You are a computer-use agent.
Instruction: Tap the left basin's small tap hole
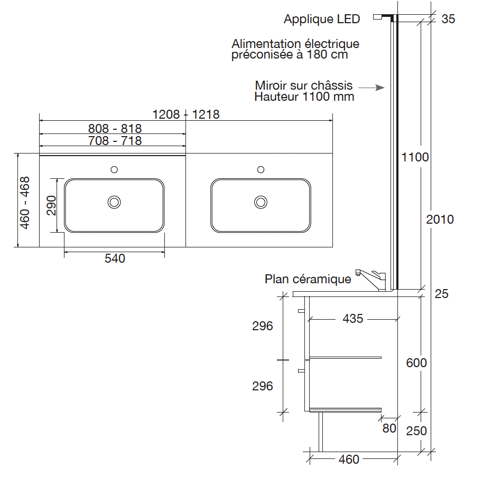114,169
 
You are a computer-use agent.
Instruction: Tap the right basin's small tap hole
261,169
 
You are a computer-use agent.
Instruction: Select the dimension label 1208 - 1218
186,114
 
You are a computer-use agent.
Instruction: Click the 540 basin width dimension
115,258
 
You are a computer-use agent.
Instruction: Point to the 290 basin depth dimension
51,205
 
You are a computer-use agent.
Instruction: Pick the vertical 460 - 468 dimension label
25,203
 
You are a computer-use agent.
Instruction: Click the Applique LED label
322,19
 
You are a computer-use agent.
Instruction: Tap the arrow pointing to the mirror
371,88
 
